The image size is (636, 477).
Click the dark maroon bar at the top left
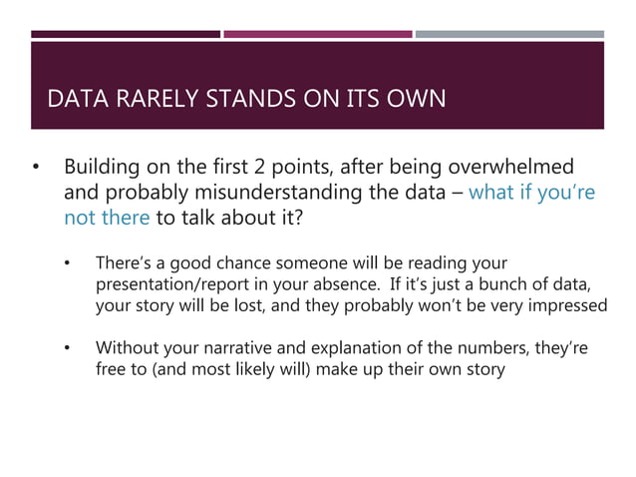point(126,34)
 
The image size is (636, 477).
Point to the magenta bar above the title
point(317,34)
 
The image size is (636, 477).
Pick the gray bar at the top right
point(509,34)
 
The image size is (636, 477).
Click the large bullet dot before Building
point(37,167)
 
